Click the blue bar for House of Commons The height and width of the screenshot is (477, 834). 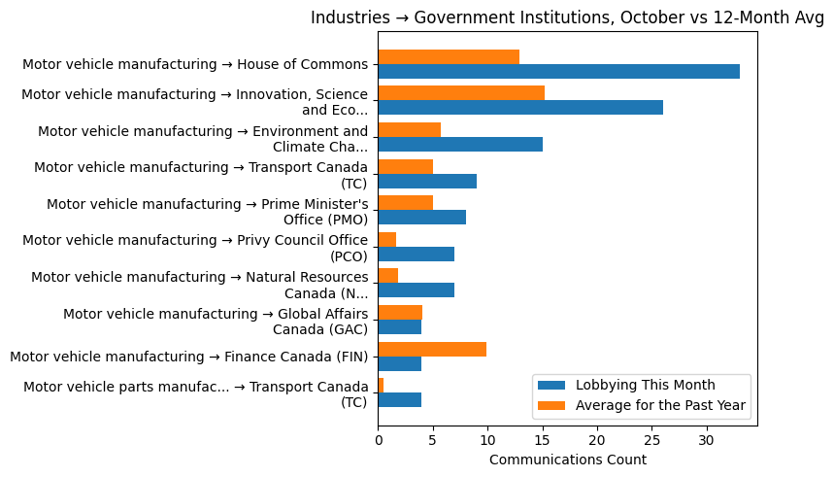pyautogui.click(x=558, y=72)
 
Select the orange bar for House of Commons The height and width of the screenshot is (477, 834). pyautogui.click(x=449, y=57)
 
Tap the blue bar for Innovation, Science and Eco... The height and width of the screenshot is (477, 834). pyautogui.click(x=520, y=108)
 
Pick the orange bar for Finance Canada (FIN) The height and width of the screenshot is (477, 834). pyautogui.click(x=432, y=349)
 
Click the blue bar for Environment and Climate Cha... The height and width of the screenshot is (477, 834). pyautogui.click(x=460, y=145)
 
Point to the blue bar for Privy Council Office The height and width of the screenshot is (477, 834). pyautogui.click(x=417, y=255)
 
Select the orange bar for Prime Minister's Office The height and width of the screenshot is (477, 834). pyautogui.click(x=406, y=203)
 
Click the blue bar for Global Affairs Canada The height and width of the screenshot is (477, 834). pyautogui.click(x=400, y=327)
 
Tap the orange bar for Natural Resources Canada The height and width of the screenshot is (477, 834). pyautogui.click(x=388, y=276)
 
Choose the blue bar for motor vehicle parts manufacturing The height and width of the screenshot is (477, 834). pyautogui.click(x=400, y=400)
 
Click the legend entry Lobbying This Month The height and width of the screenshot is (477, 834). pyautogui.click(x=645, y=385)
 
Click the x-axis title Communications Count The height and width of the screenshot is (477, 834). pyautogui.click(x=567, y=460)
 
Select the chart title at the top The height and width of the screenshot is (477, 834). pyautogui.click(x=566, y=17)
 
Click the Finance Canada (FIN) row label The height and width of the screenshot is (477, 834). pyautogui.click(x=188, y=357)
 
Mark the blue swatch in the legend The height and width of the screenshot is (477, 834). pyautogui.click(x=550, y=385)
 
